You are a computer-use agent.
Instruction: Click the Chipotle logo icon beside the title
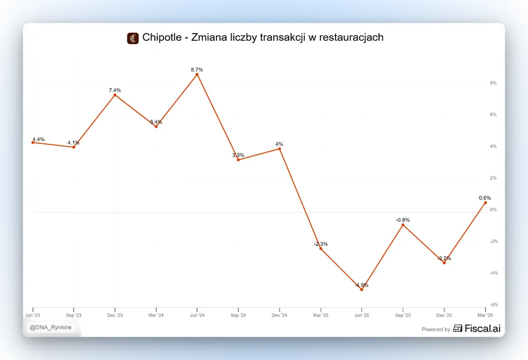[x=133, y=39]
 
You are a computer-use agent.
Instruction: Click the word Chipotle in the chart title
[x=162, y=37]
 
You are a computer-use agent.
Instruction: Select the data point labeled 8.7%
[x=197, y=74]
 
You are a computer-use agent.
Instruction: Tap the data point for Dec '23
[x=115, y=95]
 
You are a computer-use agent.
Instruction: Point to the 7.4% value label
[x=115, y=90]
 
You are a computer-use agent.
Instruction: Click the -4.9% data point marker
[x=362, y=290]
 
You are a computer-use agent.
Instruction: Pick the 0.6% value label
[x=485, y=198]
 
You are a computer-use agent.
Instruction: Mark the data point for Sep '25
[x=403, y=225]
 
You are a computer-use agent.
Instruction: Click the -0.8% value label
[x=403, y=220]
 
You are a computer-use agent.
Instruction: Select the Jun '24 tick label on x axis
[x=197, y=315]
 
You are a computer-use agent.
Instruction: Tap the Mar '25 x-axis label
[x=320, y=315]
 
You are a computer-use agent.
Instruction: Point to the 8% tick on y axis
[x=493, y=83]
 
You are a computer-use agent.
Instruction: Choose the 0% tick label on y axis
[x=493, y=210]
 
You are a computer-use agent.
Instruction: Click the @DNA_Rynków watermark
[x=50, y=328]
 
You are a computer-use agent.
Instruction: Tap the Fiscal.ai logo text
[x=483, y=328]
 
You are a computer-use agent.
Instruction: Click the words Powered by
[x=436, y=329]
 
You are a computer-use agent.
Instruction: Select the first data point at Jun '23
[x=32, y=143]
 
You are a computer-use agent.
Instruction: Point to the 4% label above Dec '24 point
[x=279, y=144]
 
